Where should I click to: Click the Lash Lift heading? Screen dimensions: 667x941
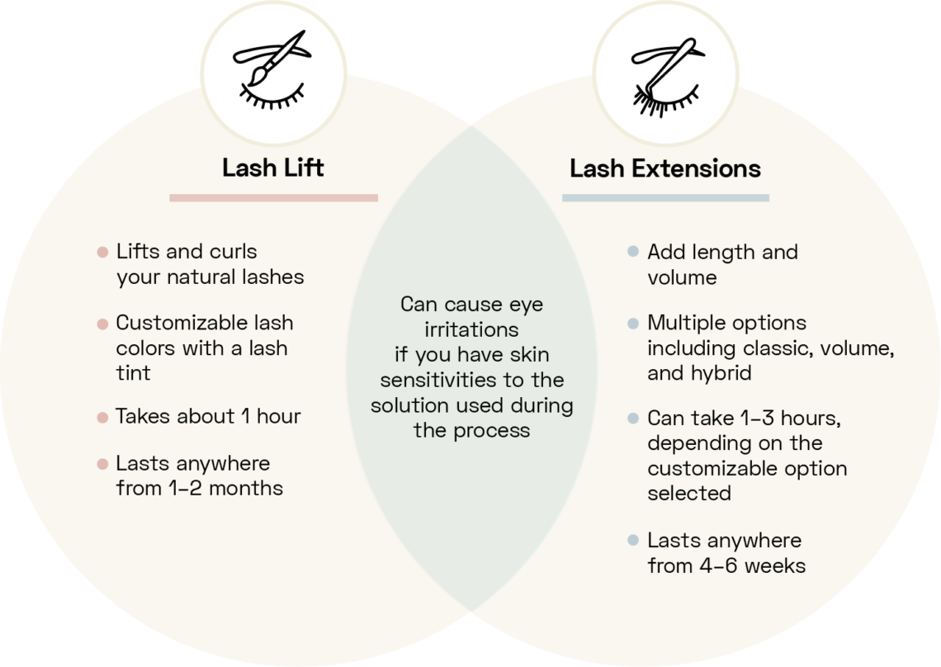(272, 168)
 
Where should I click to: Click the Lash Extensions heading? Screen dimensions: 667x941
(665, 168)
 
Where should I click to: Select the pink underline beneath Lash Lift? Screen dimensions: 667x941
(273, 198)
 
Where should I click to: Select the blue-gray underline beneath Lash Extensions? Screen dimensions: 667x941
(665, 198)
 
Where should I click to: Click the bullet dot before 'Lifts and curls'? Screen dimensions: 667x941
(102, 253)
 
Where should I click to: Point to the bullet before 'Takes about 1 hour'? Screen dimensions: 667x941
(102, 418)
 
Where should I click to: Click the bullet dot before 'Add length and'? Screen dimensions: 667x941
(633, 253)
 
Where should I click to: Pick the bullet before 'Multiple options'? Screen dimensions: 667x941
(633, 324)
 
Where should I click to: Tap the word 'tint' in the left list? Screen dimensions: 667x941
(133, 373)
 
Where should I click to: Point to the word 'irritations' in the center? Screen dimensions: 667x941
(471, 330)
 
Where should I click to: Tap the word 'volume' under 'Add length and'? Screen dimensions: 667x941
(682, 277)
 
